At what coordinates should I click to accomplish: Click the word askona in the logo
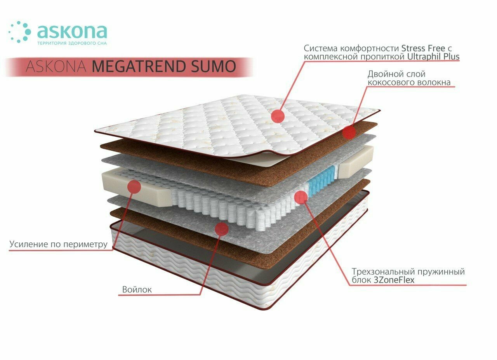pos(72,31)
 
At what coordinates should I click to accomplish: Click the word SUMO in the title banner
pos(214,66)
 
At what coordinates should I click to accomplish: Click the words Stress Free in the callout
pos(423,49)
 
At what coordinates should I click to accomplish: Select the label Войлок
pos(137,290)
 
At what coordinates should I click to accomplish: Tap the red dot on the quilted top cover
pos(278,116)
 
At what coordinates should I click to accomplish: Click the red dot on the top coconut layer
pos(349,132)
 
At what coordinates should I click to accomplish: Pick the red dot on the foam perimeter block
pos(134,186)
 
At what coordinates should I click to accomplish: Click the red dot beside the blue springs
pos(301,197)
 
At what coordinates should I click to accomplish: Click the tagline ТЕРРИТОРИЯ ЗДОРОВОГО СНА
pos(71,43)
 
